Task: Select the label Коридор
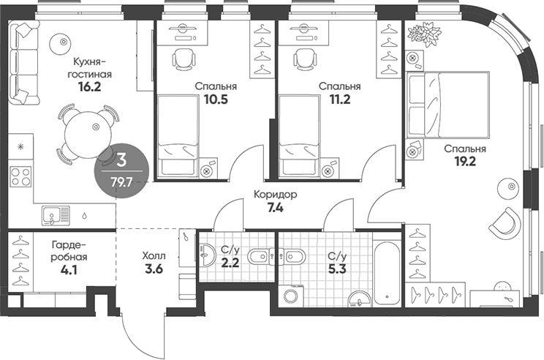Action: (275, 195)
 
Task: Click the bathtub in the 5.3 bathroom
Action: (386, 271)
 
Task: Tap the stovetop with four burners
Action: (20, 179)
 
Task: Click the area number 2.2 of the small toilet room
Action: (232, 263)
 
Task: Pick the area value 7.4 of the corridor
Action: (275, 209)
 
